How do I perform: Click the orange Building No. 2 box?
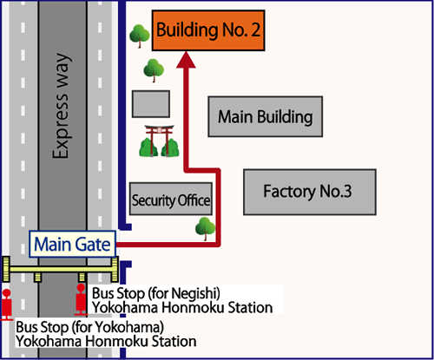tap(208, 32)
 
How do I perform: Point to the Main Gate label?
tap(73, 244)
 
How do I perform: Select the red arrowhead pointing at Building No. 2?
tap(187, 60)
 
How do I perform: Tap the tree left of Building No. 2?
tap(139, 36)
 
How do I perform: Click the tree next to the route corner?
tap(205, 228)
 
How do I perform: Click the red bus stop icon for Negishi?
tap(82, 298)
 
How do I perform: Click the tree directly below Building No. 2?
tap(154, 68)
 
